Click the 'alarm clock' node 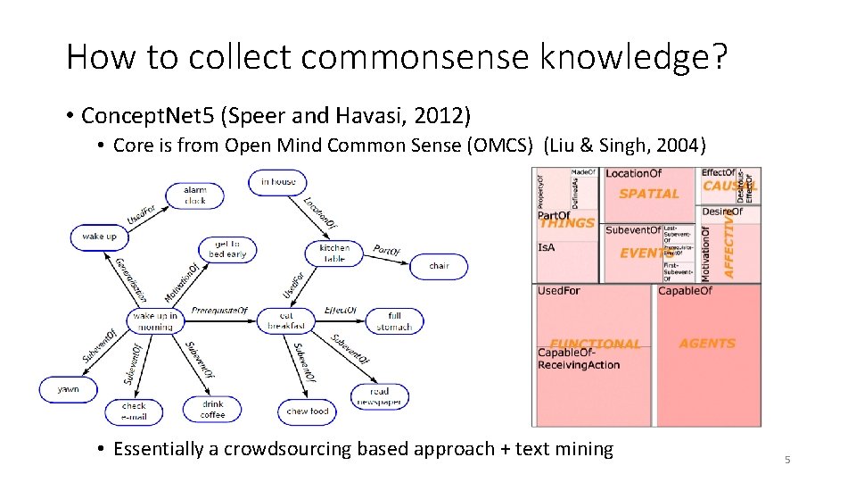(194, 195)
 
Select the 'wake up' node (99, 237)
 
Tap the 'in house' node (278, 182)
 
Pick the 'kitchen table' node (334, 253)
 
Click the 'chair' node (439, 266)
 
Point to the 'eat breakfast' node (286, 320)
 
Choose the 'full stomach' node (394, 320)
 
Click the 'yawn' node (68, 389)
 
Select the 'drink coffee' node (212, 409)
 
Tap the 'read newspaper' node (379, 396)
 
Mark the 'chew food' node (308, 411)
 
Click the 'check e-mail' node (134, 411)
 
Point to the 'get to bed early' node (227, 249)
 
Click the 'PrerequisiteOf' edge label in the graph (219, 309)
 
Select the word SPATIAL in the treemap (649, 194)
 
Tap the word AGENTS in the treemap (707, 344)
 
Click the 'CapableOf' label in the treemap (685, 291)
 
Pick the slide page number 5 (787, 460)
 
